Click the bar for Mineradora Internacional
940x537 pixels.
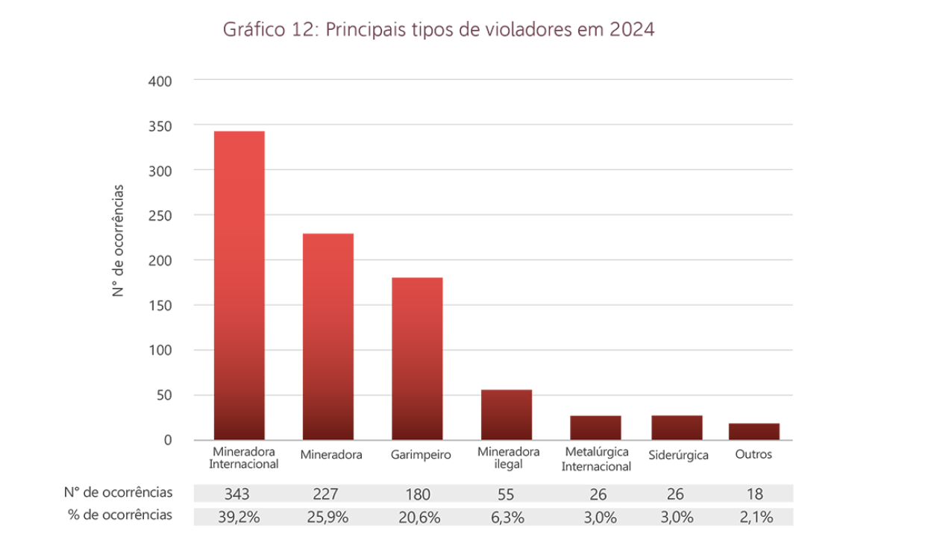[x=239, y=286]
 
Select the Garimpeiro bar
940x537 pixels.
[x=417, y=359]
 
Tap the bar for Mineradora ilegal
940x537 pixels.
[x=507, y=415]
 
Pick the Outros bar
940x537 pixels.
[x=753, y=432]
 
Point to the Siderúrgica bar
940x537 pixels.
[x=677, y=427]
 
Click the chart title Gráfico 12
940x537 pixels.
[x=439, y=31]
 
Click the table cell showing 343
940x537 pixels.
[x=240, y=494]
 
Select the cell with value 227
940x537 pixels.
[x=329, y=494]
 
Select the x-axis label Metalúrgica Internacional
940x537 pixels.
[x=597, y=459]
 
